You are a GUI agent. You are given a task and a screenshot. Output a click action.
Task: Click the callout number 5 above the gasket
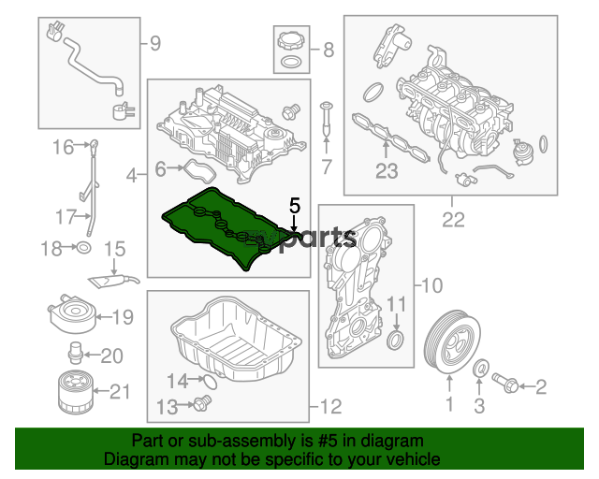[x=295, y=206]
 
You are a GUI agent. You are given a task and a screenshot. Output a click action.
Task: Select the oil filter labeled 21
[x=75, y=392]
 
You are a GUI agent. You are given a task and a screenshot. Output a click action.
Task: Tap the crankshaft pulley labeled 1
[x=452, y=342]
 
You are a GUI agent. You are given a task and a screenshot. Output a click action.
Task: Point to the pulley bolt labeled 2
[x=504, y=383]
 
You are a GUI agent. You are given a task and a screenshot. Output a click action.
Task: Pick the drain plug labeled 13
[x=202, y=403]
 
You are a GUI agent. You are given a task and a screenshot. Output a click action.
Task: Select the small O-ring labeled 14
[x=210, y=382]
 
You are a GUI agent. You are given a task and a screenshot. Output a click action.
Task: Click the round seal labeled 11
[x=396, y=341]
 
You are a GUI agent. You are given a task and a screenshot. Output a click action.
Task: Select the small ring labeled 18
[x=84, y=248]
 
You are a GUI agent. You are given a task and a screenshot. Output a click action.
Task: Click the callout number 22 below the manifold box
[x=453, y=220]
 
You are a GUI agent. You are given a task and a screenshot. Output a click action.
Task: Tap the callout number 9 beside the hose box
[x=155, y=44]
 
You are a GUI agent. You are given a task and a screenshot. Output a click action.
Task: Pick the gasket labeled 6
[x=200, y=171]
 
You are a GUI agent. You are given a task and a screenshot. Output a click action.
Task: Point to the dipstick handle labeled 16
[x=94, y=145]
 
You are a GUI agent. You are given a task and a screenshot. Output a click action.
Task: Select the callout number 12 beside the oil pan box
[x=330, y=407]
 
